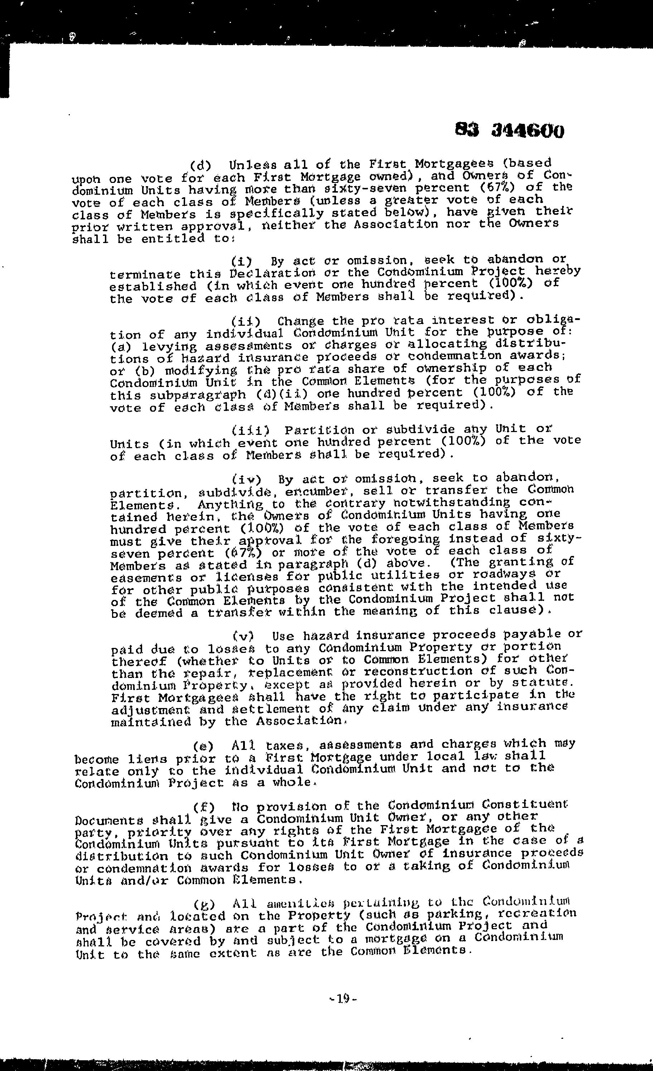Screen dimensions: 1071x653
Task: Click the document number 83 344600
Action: pos(509,130)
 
